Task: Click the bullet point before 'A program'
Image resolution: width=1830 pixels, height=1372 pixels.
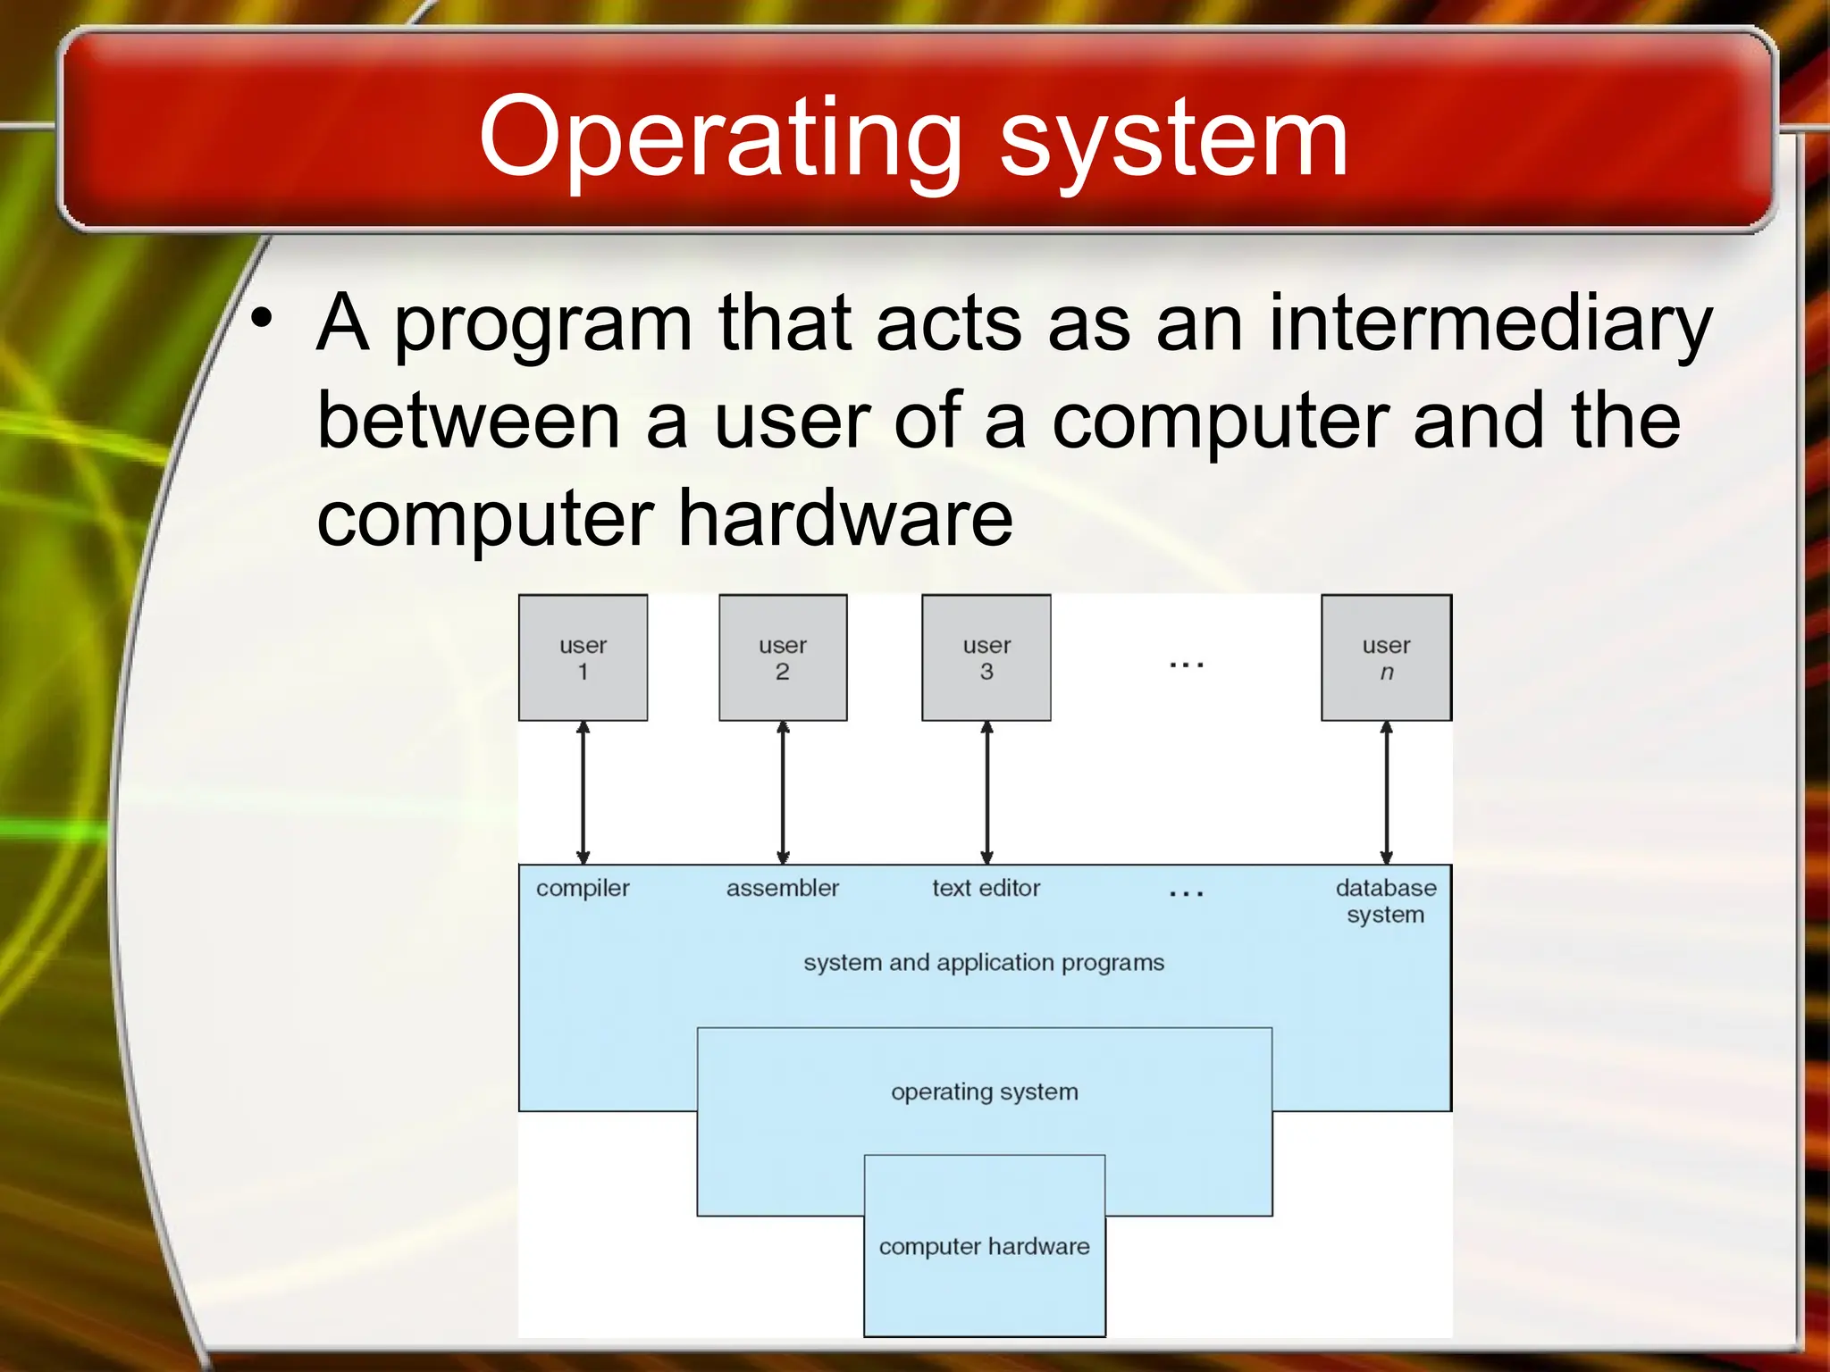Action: point(261,319)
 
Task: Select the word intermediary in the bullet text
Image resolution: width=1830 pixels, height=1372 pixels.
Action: point(1490,323)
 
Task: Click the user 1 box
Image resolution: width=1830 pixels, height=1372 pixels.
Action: point(583,658)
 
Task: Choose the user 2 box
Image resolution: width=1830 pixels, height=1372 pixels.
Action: point(783,658)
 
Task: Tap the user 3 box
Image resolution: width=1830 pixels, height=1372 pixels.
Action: point(986,658)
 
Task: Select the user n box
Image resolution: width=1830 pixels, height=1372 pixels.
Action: point(1386,658)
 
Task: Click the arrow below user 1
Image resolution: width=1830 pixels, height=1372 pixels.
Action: point(583,792)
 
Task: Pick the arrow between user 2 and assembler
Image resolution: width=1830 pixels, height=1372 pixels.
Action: point(783,792)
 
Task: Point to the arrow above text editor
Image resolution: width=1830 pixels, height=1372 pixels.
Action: point(986,792)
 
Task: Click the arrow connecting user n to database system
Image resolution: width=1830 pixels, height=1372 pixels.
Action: point(1386,792)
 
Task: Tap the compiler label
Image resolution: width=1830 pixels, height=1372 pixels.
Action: point(583,888)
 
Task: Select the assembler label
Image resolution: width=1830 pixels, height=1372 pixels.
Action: point(783,888)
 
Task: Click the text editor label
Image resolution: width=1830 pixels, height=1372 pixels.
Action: point(986,888)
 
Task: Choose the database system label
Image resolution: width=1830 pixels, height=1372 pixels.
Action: point(1386,900)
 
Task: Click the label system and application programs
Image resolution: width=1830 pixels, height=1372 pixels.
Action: point(984,963)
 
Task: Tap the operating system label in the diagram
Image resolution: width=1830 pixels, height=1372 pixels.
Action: point(984,1092)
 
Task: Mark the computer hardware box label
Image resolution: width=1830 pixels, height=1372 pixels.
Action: point(984,1246)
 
